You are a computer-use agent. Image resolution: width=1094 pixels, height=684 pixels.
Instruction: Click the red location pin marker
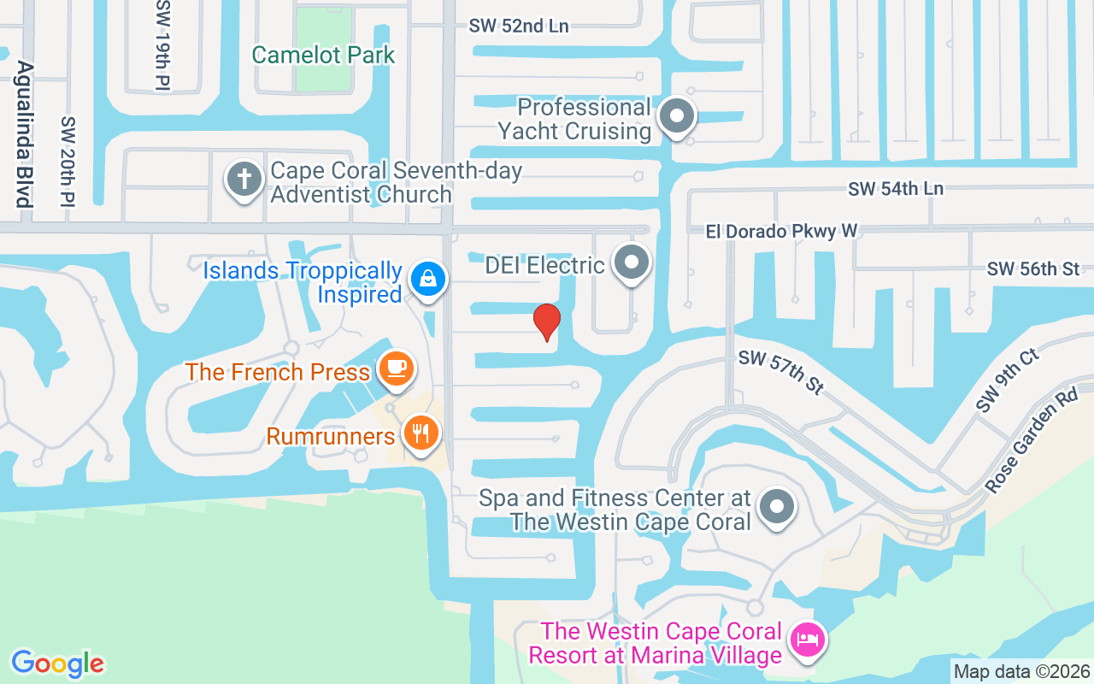tap(547, 321)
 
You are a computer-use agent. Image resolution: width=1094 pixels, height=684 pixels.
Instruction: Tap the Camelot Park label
tap(323, 56)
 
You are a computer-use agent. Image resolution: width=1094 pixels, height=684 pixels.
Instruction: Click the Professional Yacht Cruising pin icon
tap(678, 115)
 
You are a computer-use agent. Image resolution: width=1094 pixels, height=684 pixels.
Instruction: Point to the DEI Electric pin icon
tap(632, 262)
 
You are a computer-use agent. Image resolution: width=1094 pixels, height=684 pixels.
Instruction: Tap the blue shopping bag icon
tap(427, 278)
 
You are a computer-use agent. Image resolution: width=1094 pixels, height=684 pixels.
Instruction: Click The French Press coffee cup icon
tap(396, 369)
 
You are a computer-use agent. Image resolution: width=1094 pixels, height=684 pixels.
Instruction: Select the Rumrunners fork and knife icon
tap(420, 433)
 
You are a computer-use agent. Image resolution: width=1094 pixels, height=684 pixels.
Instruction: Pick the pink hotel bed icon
tap(808, 639)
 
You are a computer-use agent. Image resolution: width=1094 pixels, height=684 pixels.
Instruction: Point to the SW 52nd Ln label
tap(519, 26)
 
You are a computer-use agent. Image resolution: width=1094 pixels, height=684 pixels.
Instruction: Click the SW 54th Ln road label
tap(896, 188)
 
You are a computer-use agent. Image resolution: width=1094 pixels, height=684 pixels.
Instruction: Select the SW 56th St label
tap(1032, 269)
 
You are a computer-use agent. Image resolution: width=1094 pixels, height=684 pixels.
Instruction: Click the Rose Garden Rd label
tap(1032, 443)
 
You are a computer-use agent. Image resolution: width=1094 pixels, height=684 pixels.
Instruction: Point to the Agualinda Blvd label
tap(24, 134)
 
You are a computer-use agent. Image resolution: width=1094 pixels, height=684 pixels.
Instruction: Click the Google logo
tap(57, 663)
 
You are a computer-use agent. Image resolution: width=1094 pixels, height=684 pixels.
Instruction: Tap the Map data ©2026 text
tap(1021, 671)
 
